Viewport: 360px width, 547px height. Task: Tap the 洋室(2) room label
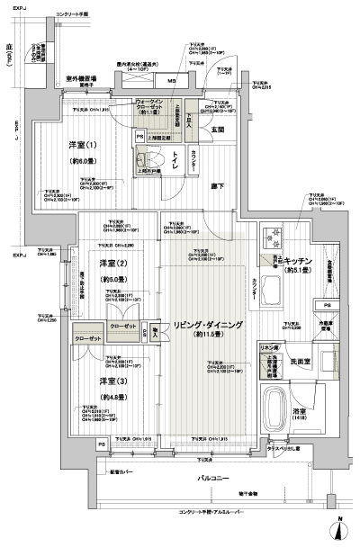[x=112, y=263]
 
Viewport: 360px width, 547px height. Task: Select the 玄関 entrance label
[x=217, y=130]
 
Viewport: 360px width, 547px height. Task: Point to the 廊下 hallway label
[x=219, y=186]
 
